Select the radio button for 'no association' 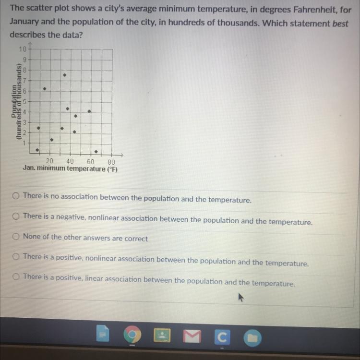(16, 195)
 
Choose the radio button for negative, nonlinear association (16, 216)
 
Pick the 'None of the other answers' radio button (16, 236)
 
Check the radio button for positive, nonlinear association (16, 256)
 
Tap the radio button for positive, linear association (16, 276)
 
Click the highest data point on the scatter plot (64, 75)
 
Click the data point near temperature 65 (96, 152)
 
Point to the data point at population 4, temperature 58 (89, 111)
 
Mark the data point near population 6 (45, 89)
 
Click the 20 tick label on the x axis (49, 161)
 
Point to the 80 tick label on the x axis (111, 162)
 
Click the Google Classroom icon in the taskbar (221, 337)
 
